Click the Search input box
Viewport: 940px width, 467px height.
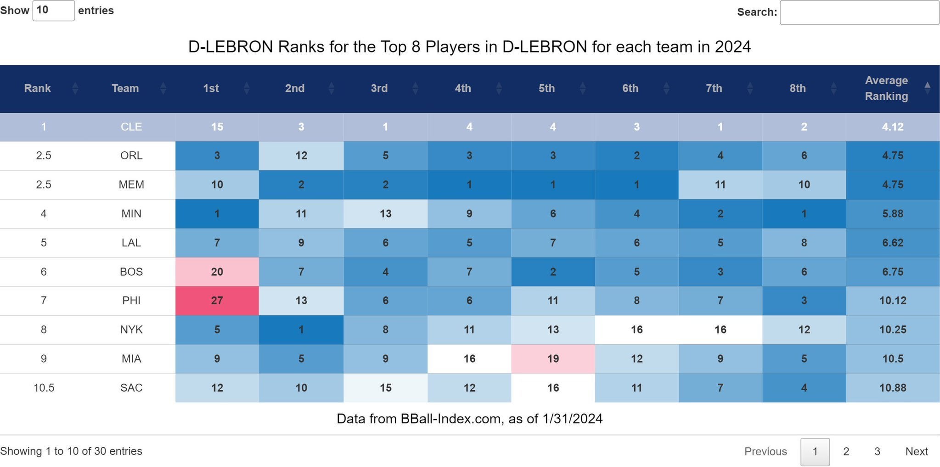coord(859,12)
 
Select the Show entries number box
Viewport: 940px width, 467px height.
coord(53,10)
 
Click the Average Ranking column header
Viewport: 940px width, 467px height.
coord(886,88)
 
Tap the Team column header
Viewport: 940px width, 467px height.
coord(125,88)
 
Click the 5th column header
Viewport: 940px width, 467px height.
coord(546,88)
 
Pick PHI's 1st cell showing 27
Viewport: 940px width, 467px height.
coord(217,301)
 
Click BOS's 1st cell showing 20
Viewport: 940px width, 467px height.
coord(217,272)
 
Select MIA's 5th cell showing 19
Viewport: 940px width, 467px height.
coord(553,359)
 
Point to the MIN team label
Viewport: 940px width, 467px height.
coord(131,214)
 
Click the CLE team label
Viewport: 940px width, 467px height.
coord(131,127)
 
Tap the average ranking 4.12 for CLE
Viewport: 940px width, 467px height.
coord(892,127)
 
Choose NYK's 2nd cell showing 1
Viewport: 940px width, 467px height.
coord(301,330)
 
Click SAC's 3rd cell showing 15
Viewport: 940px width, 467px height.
coord(385,388)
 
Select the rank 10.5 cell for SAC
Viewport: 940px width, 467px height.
coord(44,388)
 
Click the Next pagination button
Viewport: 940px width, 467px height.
coord(916,451)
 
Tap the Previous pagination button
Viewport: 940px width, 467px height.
coord(765,451)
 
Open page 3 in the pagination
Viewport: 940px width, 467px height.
coord(877,451)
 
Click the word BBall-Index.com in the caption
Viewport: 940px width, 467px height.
coord(450,419)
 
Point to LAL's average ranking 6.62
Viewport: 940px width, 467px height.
coord(892,243)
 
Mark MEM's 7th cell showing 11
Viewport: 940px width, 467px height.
coord(720,185)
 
